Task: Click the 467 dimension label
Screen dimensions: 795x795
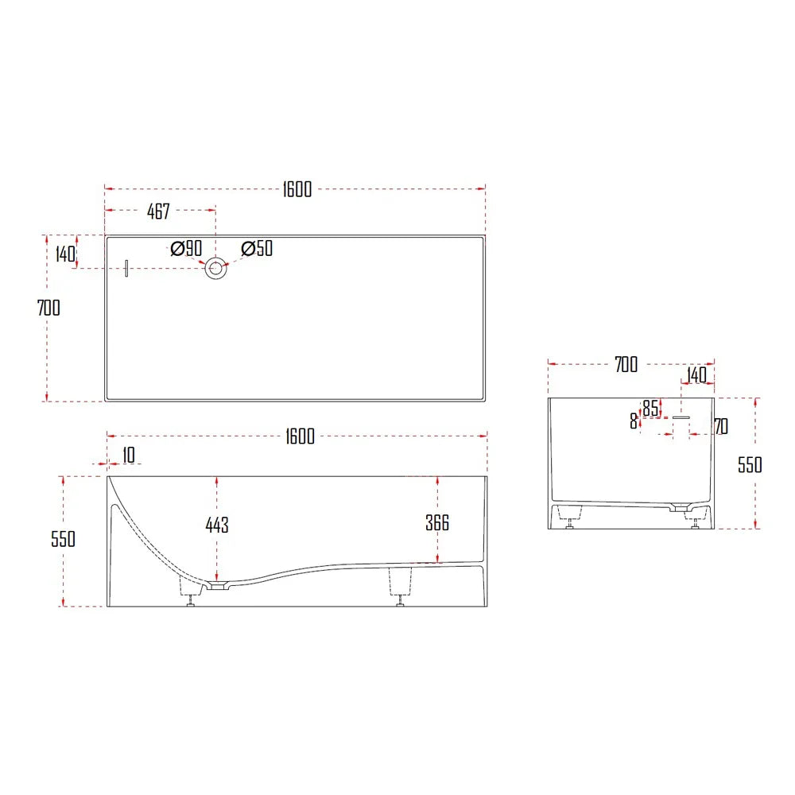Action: point(158,212)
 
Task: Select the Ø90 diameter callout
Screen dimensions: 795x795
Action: point(186,248)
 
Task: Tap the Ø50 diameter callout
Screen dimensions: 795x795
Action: point(256,248)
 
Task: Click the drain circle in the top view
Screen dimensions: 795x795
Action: point(216,269)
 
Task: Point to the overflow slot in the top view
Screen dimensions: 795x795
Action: point(126,269)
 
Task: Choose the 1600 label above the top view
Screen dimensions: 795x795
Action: point(297,189)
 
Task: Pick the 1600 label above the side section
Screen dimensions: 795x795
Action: point(300,436)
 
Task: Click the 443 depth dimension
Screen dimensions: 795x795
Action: point(216,525)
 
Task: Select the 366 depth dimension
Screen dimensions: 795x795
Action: point(437,522)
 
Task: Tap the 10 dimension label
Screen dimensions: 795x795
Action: point(129,455)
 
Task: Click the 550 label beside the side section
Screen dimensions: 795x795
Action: point(63,539)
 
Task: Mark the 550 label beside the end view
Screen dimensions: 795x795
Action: point(750,464)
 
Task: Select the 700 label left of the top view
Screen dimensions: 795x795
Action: point(48,307)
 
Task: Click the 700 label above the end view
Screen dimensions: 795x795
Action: point(626,365)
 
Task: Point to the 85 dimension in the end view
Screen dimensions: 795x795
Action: point(650,408)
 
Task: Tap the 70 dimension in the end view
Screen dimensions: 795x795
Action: point(720,427)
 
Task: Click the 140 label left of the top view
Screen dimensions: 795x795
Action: point(65,254)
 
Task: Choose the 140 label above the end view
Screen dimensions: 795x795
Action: point(696,374)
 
